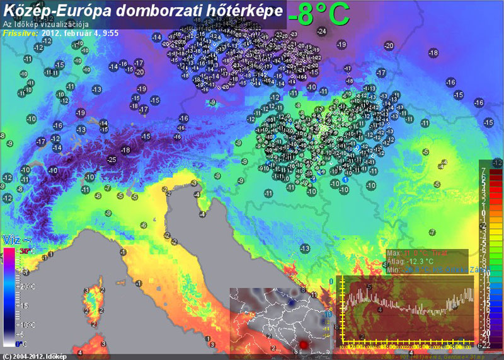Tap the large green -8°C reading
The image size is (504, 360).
tap(318, 14)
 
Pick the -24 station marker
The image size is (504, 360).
tap(322, 32)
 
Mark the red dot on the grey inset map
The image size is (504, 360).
tap(304, 345)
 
